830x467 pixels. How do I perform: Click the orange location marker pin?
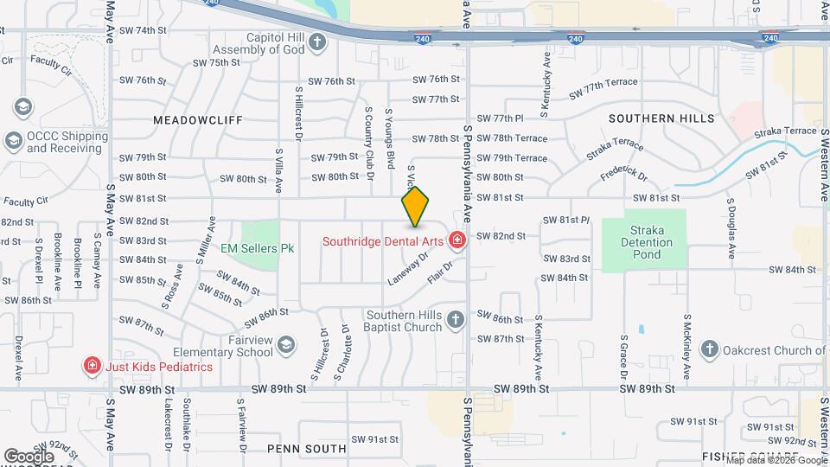(x=415, y=206)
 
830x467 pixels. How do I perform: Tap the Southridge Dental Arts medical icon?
(x=457, y=240)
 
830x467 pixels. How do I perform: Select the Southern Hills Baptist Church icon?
(x=456, y=321)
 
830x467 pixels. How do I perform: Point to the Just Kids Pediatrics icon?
(x=91, y=366)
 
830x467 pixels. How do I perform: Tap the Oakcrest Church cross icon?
(x=709, y=349)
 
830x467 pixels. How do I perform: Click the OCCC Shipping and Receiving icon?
(x=13, y=140)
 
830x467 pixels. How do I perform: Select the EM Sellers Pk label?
(x=257, y=248)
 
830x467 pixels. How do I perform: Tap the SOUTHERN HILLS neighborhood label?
(x=661, y=118)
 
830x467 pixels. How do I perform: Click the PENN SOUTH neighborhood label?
(x=306, y=449)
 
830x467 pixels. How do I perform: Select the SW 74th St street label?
(x=144, y=30)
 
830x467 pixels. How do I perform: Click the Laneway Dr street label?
(x=408, y=268)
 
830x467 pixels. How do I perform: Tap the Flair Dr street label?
(x=440, y=274)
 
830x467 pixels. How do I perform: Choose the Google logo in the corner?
(x=29, y=456)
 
